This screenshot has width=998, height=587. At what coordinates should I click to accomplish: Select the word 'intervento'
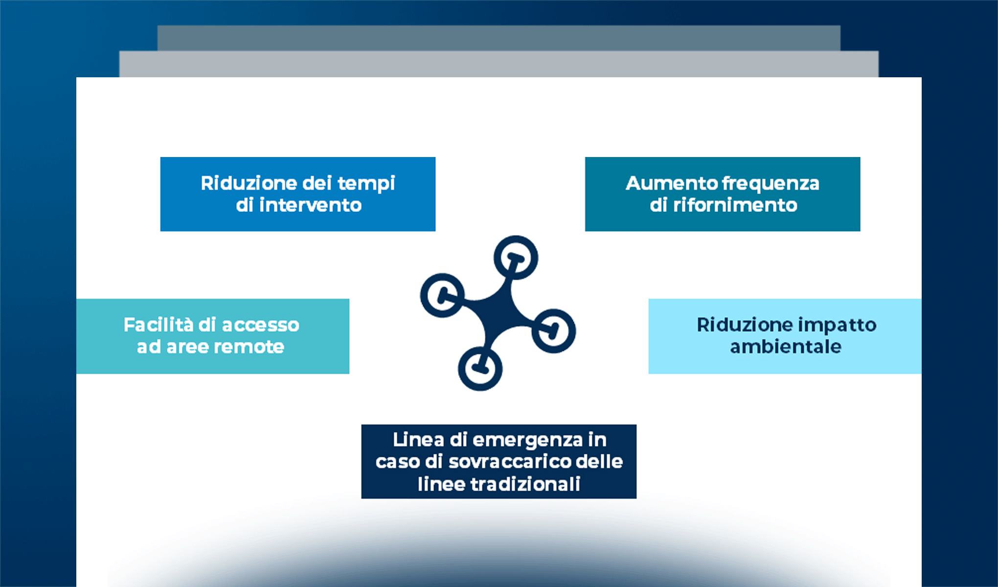(x=310, y=205)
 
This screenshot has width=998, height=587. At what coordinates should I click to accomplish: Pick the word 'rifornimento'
(x=735, y=205)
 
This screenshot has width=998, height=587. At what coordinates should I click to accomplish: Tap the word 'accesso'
(x=260, y=325)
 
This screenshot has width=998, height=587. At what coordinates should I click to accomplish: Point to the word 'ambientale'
(x=786, y=347)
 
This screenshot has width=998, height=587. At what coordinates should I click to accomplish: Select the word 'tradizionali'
(x=525, y=484)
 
